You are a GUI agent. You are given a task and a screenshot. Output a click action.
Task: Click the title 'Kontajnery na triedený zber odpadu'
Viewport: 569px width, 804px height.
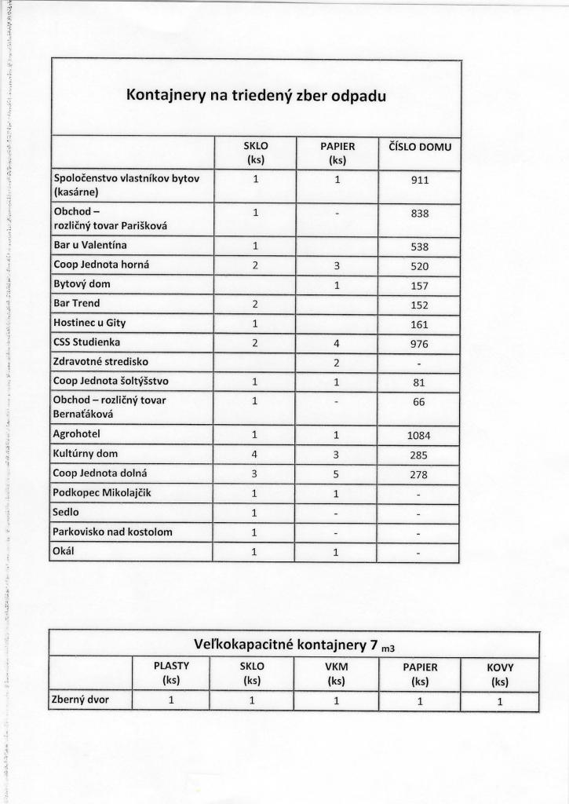pyautogui.click(x=256, y=96)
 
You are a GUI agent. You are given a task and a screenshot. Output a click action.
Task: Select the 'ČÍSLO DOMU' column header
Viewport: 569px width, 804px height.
pyautogui.click(x=420, y=147)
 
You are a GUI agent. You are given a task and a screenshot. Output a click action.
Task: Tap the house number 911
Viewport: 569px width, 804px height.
pyautogui.click(x=419, y=180)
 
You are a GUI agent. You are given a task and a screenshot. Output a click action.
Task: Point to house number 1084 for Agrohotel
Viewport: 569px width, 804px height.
pyautogui.click(x=419, y=435)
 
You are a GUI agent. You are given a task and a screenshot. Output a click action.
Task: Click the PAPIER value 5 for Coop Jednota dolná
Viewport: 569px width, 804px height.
pyautogui.click(x=337, y=474)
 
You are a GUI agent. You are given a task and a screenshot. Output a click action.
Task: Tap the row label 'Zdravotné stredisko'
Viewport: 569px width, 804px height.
pyautogui.click(x=100, y=362)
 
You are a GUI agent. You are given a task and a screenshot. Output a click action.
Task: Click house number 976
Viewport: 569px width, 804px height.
pyautogui.click(x=419, y=343)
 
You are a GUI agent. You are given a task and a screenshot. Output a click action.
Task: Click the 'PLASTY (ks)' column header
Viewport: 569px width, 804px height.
pyautogui.click(x=172, y=674)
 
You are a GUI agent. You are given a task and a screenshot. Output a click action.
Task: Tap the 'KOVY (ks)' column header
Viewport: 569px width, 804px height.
pyautogui.click(x=499, y=674)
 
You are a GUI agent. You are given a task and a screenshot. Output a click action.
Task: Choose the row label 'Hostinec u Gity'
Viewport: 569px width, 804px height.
pyautogui.click(x=89, y=323)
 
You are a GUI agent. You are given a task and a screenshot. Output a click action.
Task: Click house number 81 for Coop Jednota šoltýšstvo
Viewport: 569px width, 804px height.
pyautogui.click(x=419, y=382)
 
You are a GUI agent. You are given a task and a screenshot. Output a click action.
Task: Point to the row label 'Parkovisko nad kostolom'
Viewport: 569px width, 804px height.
pyautogui.click(x=112, y=532)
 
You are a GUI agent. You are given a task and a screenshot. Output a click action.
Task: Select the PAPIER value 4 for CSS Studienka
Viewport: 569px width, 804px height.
pyautogui.click(x=337, y=343)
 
